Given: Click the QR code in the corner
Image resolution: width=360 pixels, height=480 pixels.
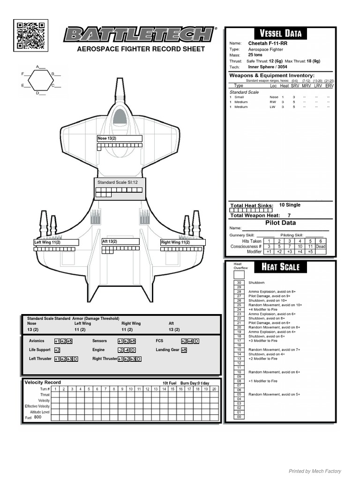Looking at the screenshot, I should click(x=31, y=35).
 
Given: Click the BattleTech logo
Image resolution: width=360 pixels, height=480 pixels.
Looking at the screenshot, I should click(x=138, y=34).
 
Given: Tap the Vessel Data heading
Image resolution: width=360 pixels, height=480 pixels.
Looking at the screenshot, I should click(x=281, y=33).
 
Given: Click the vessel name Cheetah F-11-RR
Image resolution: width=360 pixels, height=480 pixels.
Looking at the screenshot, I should click(x=268, y=44).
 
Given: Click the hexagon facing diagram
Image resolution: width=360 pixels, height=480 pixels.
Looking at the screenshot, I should click(x=41, y=80).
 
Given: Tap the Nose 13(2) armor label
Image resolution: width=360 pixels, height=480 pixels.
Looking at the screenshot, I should click(x=107, y=139).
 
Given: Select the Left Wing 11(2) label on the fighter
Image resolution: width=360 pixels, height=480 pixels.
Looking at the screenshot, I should click(x=47, y=242).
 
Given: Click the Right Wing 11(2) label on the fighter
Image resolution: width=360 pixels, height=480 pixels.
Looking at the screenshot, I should click(x=175, y=242).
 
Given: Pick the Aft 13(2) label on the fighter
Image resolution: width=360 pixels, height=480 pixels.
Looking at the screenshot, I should click(x=110, y=241).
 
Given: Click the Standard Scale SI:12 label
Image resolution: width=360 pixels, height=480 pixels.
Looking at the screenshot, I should click(x=115, y=182).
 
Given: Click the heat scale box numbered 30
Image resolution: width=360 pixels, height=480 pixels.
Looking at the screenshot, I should click(x=239, y=283).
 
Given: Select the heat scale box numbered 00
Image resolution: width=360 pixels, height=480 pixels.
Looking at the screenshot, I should click(x=239, y=417).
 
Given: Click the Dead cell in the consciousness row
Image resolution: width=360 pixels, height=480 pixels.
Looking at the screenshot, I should click(x=321, y=246).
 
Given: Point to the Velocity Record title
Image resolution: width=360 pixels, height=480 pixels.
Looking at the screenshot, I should click(x=43, y=382).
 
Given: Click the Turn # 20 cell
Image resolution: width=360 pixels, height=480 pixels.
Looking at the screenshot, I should click(x=214, y=389).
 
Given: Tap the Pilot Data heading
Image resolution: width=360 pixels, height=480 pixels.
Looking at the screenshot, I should click(x=280, y=223).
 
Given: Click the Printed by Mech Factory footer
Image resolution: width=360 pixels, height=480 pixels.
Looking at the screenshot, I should click(x=315, y=471).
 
